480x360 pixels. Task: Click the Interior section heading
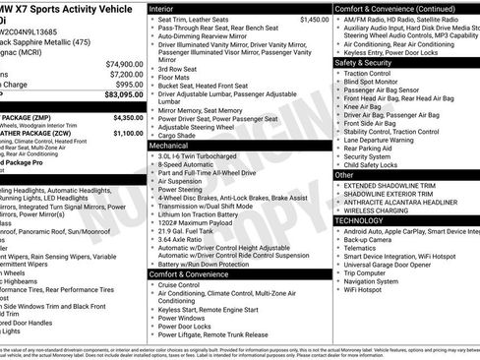coord(161,7)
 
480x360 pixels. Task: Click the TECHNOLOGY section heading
coord(360,221)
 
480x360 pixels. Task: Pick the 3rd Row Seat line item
coord(178,69)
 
